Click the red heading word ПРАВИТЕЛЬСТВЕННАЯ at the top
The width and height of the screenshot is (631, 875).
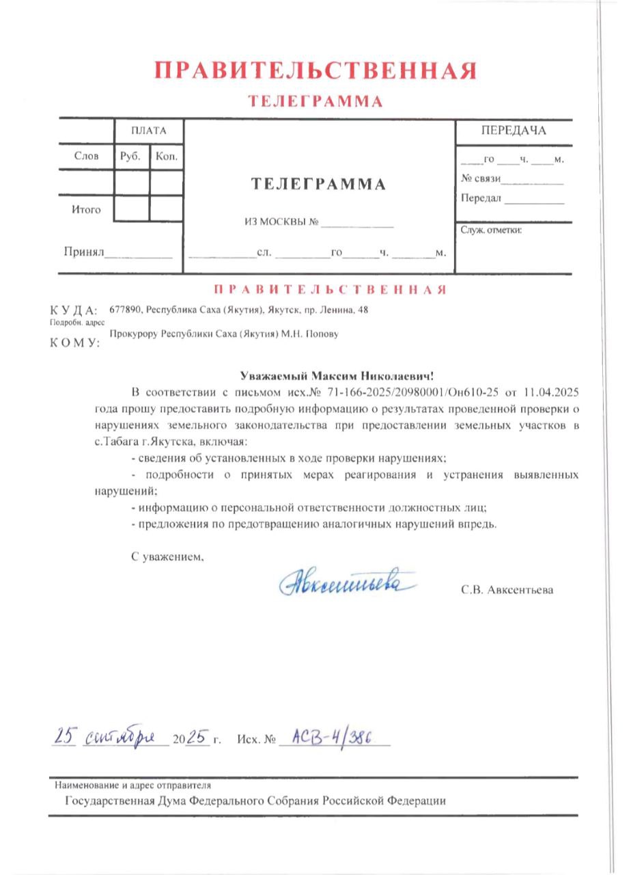[x=315, y=71]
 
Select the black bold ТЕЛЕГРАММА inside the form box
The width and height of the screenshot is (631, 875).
[x=318, y=184]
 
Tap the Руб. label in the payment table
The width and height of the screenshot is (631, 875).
[x=130, y=156]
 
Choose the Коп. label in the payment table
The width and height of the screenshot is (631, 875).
[x=167, y=156]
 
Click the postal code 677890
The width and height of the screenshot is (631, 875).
[x=124, y=310]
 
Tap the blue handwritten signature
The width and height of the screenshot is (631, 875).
[x=347, y=582]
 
